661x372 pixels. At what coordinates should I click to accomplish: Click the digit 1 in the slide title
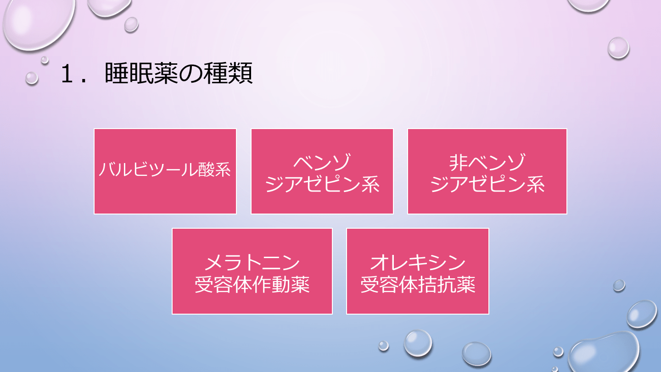point(68,75)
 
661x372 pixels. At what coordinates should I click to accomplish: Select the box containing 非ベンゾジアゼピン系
point(487,202)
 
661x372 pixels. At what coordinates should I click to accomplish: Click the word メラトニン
point(252,263)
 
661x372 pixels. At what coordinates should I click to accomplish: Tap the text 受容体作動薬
point(252,285)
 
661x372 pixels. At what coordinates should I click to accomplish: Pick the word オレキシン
point(418,263)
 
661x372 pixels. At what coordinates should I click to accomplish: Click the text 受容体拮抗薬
point(418,285)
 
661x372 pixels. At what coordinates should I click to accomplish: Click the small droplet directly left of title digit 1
point(32,78)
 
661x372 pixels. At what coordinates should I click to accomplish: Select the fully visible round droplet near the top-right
point(618,48)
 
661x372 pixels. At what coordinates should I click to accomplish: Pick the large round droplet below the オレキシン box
point(418,343)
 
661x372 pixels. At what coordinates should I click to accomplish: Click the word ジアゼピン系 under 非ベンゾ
point(487,185)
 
